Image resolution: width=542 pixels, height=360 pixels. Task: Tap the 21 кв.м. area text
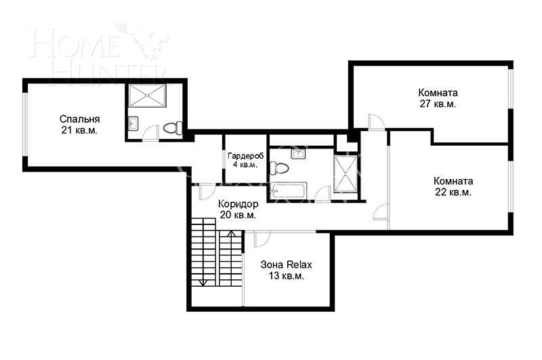pyautogui.click(x=79, y=130)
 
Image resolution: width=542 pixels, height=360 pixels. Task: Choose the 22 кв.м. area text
pyautogui.click(x=453, y=192)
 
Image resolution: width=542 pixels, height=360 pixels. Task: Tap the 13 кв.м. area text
pyautogui.click(x=287, y=276)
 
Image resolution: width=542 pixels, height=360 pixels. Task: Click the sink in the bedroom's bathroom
pyautogui.click(x=133, y=123)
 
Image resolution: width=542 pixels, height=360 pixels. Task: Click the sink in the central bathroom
pyautogui.click(x=299, y=154)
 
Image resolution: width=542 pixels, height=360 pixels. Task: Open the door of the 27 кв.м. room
pyautogui.click(x=375, y=122)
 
